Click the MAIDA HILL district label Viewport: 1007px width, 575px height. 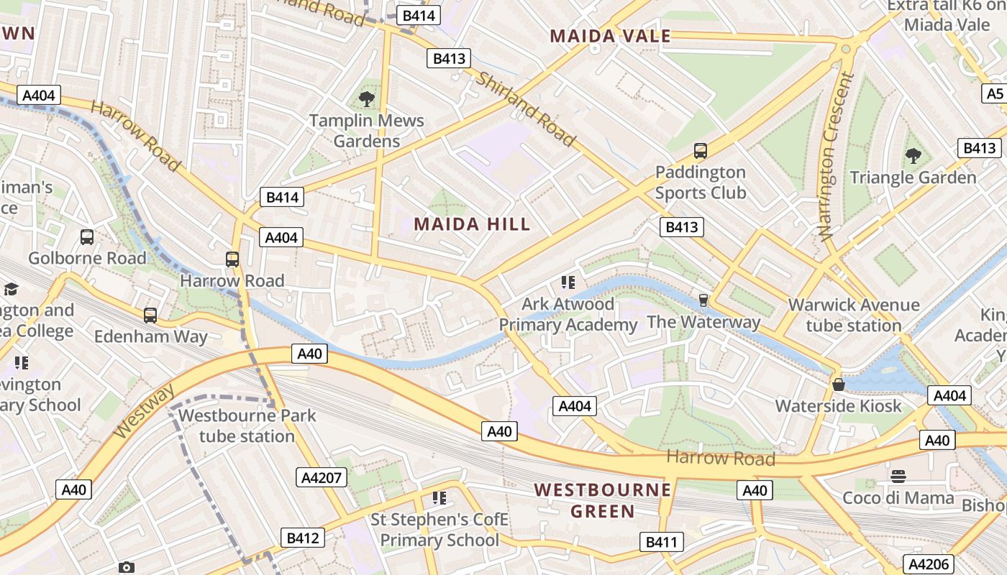tap(472, 224)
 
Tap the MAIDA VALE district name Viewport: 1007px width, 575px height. tap(610, 36)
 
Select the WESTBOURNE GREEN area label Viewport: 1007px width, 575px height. tap(603, 501)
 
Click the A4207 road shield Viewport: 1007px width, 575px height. tap(322, 477)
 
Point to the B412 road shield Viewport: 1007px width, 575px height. tap(302, 538)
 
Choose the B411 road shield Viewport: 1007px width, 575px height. tap(661, 542)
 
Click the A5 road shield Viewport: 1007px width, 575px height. tap(995, 93)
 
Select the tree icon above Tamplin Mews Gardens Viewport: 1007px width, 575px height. tap(367, 99)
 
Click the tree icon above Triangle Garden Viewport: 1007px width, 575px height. tap(913, 155)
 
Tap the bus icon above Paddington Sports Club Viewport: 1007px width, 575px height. tap(701, 151)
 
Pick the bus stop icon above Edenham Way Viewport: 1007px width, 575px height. tap(150, 315)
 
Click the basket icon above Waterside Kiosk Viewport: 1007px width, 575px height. tap(838, 385)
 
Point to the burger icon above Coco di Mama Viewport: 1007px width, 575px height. tap(898, 476)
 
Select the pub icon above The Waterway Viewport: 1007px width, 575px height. tap(703, 300)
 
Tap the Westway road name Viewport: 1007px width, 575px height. tap(145, 411)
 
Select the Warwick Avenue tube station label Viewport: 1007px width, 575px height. tap(853, 315)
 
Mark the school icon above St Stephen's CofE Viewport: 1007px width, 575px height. tap(439, 497)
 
